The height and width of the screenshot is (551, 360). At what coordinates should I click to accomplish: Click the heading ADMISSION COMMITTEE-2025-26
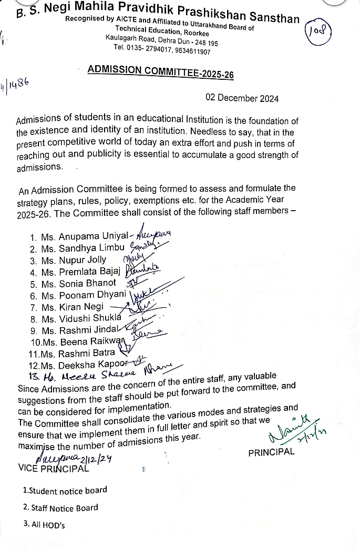coord(161,72)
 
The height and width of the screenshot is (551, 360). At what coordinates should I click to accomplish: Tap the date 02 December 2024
coord(242,99)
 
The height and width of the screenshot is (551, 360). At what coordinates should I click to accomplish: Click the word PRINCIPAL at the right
coord(271,453)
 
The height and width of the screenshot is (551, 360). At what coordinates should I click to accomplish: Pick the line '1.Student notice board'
coord(65,491)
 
